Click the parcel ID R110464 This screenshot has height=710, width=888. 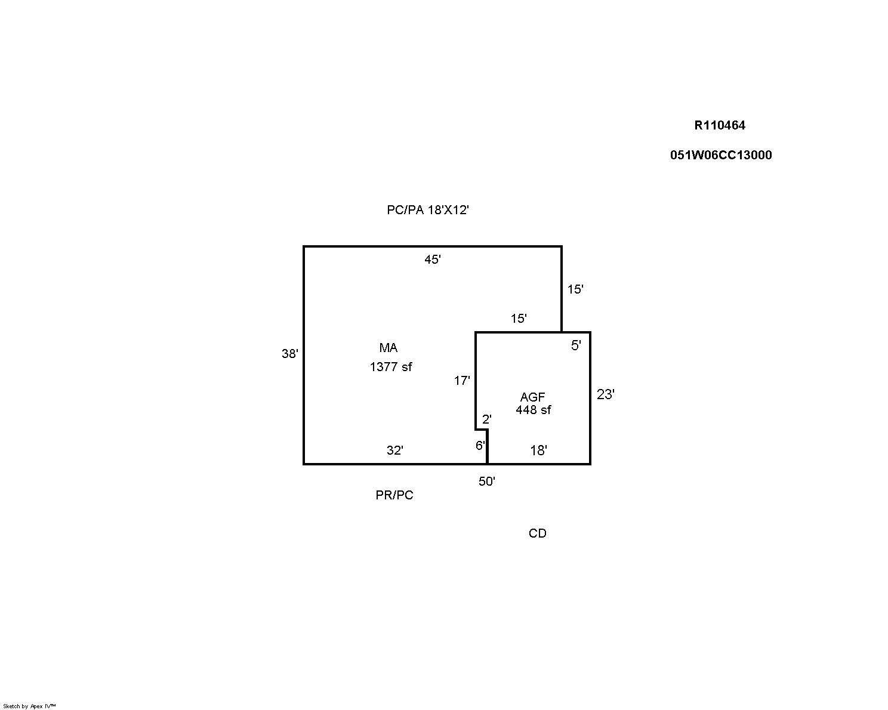(x=720, y=125)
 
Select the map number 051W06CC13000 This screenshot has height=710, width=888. (x=721, y=155)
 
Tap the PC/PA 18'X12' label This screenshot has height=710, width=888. (x=428, y=210)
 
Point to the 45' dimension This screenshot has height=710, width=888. (x=433, y=260)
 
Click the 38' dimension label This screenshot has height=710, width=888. (x=289, y=354)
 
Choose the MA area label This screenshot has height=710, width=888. (x=388, y=348)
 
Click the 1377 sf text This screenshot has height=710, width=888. (x=391, y=367)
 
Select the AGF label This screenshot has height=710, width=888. (x=533, y=397)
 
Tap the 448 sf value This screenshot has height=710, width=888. (x=533, y=410)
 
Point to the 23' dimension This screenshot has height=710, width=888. (x=606, y=394)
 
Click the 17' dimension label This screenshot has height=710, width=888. (x=462, y=381)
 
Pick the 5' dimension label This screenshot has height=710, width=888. (x=576, y=345)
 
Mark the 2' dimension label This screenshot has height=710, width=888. (x=487, y=419)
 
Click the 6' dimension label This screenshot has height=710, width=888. (x=480, y=446)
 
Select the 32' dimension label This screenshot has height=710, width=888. (x=395, y=450)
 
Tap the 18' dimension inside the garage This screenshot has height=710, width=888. (x=538, y=450)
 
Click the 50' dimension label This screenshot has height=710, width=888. (x=487, y=481)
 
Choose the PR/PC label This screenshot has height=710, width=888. (x=394, y=495)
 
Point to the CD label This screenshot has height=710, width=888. (x=537, y=533)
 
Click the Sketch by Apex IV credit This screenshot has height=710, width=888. (x=29, y=706)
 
